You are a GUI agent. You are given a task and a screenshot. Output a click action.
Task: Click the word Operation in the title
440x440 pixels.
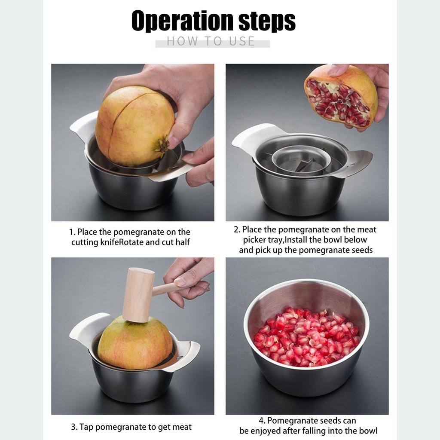pos(183,21)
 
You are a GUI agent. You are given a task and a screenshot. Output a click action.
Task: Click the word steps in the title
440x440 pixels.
pos(267,21)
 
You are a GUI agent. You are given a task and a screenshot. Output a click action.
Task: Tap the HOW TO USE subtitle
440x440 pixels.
pos(211,41)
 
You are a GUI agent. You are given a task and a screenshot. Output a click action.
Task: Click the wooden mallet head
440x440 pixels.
pos(138,295)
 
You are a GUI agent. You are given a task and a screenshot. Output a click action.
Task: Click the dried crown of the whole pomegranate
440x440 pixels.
pos(162,145)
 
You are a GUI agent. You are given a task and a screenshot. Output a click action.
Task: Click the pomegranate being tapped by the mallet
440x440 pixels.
pos(135,344)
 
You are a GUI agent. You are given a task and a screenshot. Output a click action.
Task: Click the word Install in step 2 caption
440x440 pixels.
pos(296,240)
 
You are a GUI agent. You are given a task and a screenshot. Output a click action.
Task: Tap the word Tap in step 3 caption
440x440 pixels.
pos(86,427)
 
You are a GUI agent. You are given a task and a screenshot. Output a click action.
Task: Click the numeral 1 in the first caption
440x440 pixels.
pos(71,232)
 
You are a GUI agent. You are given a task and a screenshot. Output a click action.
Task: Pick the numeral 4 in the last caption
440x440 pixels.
pos(261,421)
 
